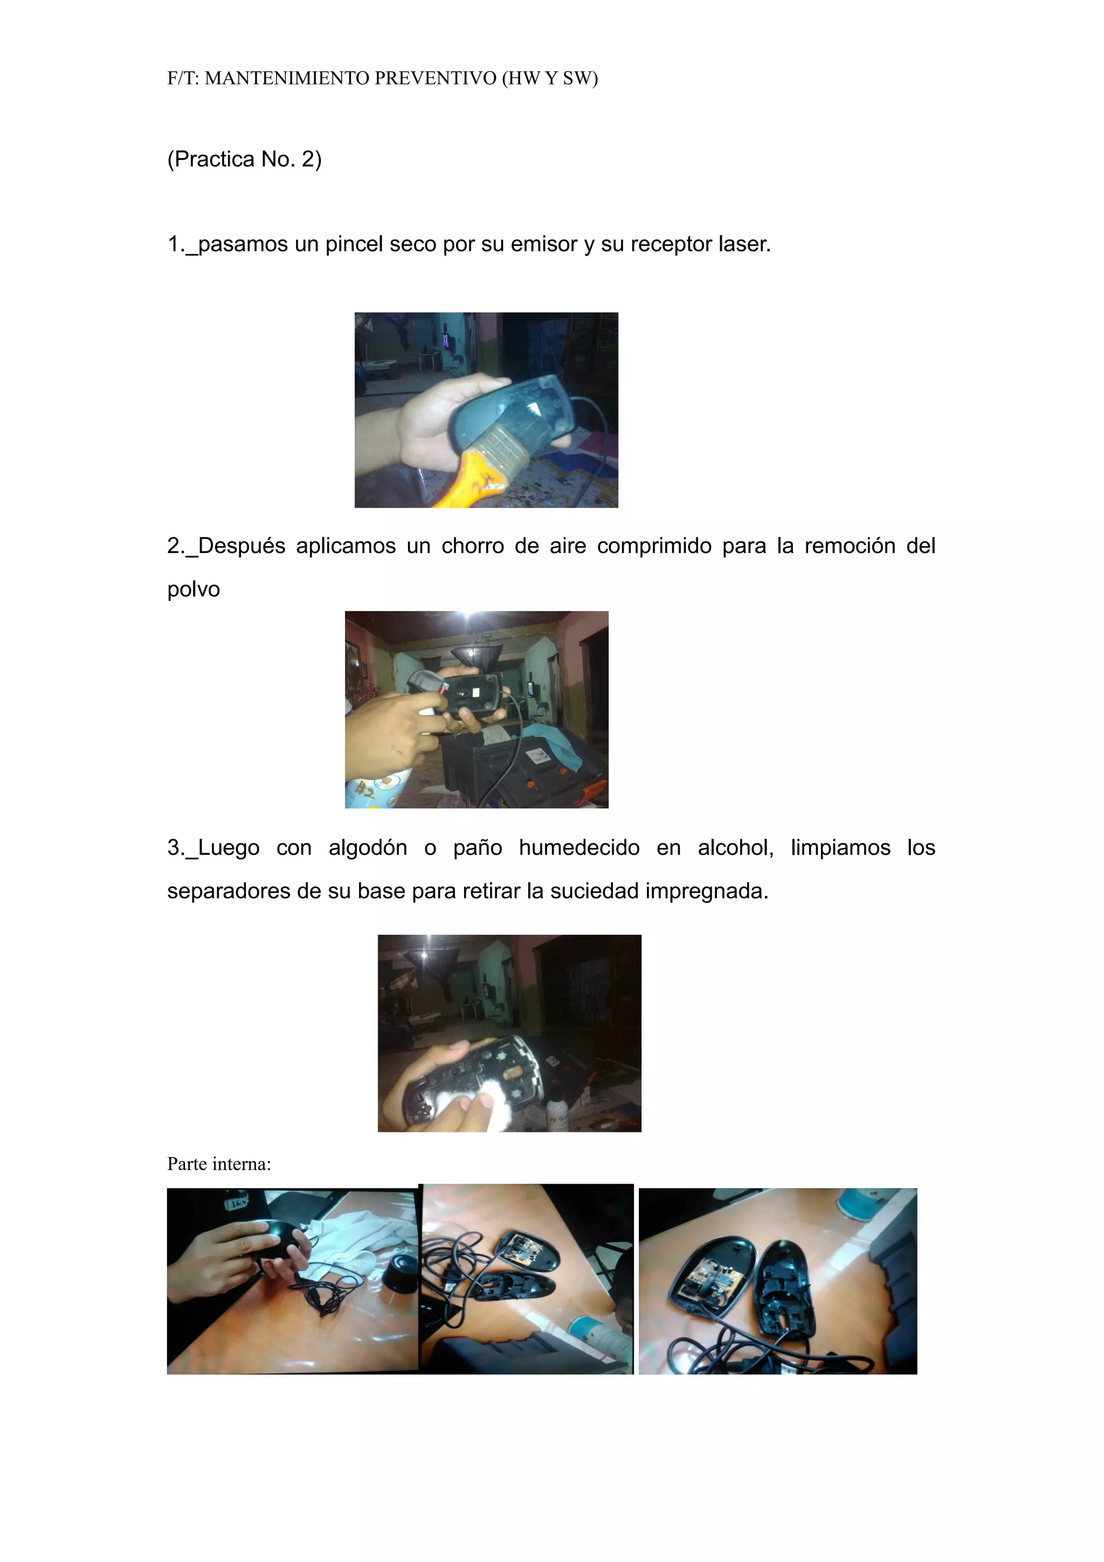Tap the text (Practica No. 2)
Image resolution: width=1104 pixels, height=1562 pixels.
tap(244, 159)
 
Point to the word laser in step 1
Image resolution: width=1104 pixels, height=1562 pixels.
tap(740, 244)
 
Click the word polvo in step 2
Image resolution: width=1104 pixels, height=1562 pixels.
tap(193, 590)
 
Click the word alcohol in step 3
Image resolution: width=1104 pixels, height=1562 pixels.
tap(735, 848)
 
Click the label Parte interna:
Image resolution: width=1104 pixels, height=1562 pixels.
tap(219, 1164)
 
